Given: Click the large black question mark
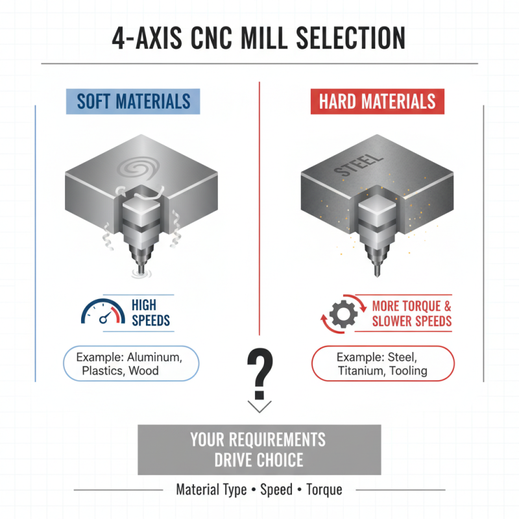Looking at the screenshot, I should [x=259, y=373].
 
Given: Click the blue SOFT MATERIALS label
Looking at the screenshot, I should [x=134, y=102].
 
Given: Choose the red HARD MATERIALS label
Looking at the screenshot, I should [x=377, y=102].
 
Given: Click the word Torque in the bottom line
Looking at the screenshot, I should [x=323, y=490].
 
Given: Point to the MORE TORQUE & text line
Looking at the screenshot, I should [x=412, y=306].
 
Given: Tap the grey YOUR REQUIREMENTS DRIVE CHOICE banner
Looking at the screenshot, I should [x=259, y=450].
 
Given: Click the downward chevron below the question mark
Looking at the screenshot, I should [x=259, y=407].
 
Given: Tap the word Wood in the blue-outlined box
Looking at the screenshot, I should [x=143, y=371].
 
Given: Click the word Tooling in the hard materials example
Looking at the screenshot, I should [x=407, y=371].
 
